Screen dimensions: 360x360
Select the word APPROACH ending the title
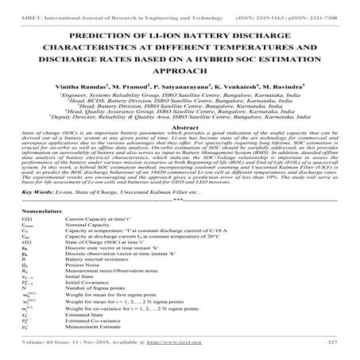point(180,74)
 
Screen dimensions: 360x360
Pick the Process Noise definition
point(84,265)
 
